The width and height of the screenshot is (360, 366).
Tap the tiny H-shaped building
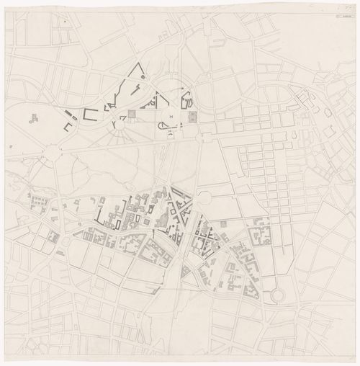(x=171, y=116)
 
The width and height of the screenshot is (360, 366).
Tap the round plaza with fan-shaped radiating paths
(x=117, y=124)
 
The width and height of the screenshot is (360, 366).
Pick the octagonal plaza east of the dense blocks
(x=203, y=198)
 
